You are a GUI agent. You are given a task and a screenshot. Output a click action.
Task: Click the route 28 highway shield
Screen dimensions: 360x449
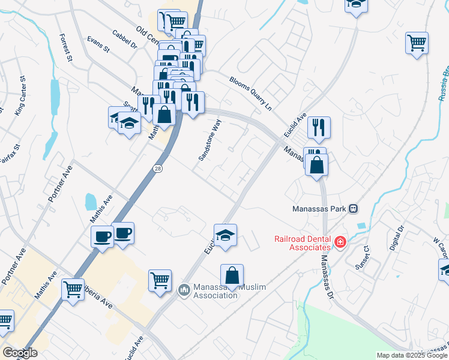(x=157, y=169)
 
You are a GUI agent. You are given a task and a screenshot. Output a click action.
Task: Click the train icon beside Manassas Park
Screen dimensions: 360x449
(x=354, y=209)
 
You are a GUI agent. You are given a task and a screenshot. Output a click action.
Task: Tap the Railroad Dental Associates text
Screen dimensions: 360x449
(x=303, y=242)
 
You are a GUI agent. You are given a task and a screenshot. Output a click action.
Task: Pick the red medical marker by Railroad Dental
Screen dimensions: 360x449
(x=340, y=242)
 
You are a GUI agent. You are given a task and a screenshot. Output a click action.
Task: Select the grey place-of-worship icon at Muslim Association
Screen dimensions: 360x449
(x=184, y=290)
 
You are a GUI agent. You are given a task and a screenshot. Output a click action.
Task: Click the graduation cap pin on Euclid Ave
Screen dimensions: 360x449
(x=225, y=235)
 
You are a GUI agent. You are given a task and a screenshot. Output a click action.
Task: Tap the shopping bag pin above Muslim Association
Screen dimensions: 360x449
(x=232, y=275)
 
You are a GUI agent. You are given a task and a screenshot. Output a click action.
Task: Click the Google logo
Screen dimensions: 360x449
(x=19, y=353)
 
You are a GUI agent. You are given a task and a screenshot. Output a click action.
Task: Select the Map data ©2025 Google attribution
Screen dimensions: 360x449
(x=411, y=355)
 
